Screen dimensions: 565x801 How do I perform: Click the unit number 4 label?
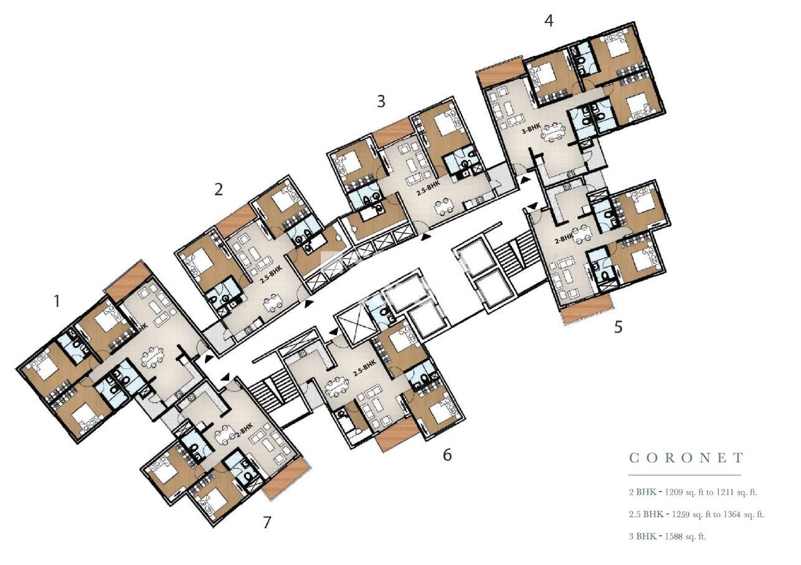(548, 21)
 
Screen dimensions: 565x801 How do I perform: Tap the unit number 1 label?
(57, 302)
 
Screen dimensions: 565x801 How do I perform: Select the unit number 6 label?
(447, 455)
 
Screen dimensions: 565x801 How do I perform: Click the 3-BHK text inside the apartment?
(531, 131)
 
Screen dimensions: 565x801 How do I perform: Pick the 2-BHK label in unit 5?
(564, 238)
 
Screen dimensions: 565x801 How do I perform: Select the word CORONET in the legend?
(686, 459)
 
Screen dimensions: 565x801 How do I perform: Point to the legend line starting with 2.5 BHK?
(696, 514)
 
